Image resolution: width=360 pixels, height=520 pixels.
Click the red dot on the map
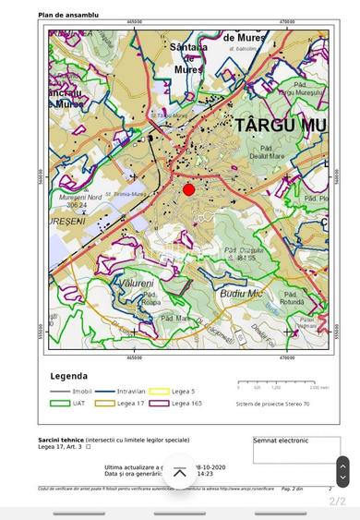pyautogui.click(x=188, y=189)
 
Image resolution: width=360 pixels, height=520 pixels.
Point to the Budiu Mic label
pyautogui.click(x=242, y=293)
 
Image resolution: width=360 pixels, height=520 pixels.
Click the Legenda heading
pyautogui.click(x=68, y=376)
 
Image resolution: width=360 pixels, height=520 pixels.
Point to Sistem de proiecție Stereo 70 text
pyautogui.click(x=273, y=403)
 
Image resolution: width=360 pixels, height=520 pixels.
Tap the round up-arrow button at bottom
pyautogui.click(x=180, y=472)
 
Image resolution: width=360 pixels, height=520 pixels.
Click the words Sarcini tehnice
pyautogui.click(x=61, y=440)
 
